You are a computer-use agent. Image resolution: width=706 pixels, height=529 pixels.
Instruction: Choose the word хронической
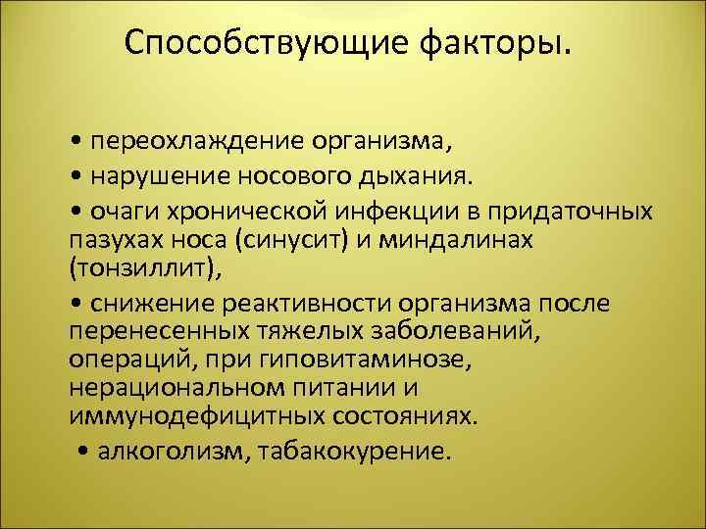(x=250, y=211)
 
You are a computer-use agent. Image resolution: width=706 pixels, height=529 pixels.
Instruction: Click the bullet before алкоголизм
(x=82, y=453)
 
